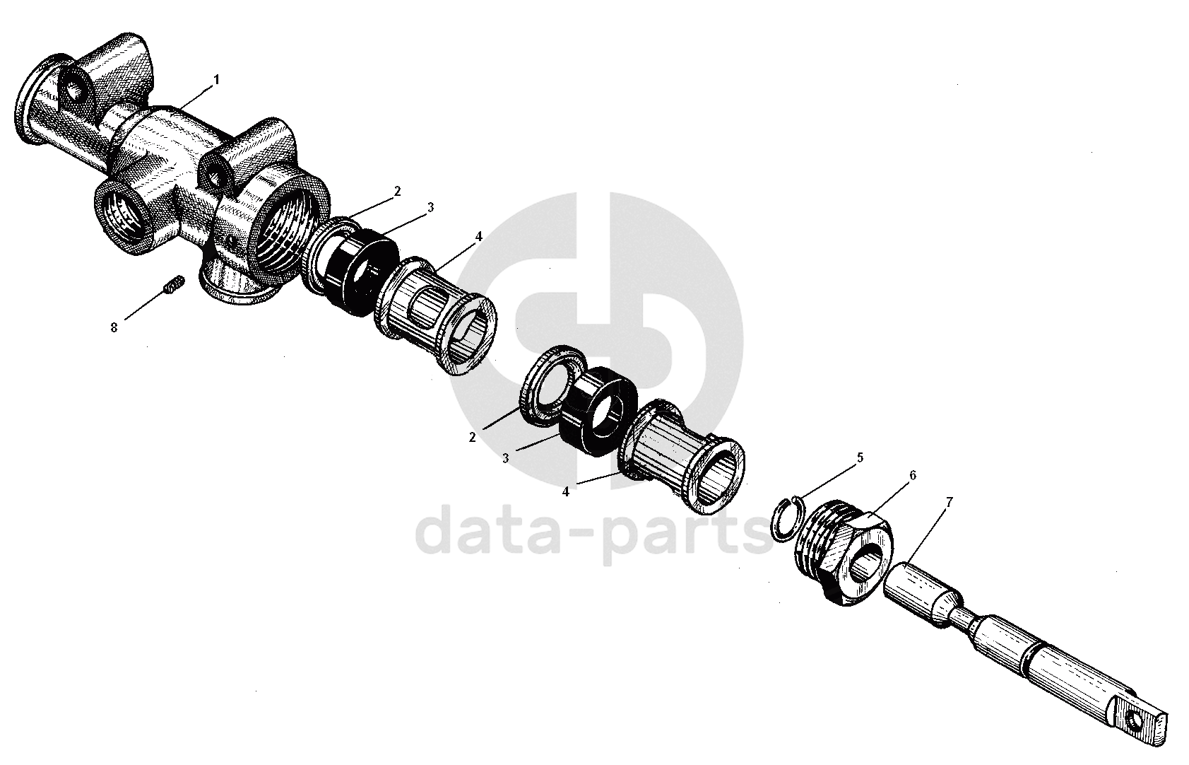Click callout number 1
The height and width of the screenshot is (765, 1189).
(x=217, y=80)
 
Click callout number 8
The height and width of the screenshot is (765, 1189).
(x=114, y=327)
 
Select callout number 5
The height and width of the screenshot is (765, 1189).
(x=860, y=457)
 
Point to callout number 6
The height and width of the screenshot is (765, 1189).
(x=912, y=476)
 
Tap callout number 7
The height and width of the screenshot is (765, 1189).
(x=949, y=502)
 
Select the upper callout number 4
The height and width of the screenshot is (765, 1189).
(x=478, y=236)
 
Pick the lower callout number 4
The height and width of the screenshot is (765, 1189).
(x=565, y=492)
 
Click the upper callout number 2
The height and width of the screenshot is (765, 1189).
(x=397, y=191)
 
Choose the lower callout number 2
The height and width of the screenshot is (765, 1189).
(x=472, y=437)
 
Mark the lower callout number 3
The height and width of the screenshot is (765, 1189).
(x=505, y=458)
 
